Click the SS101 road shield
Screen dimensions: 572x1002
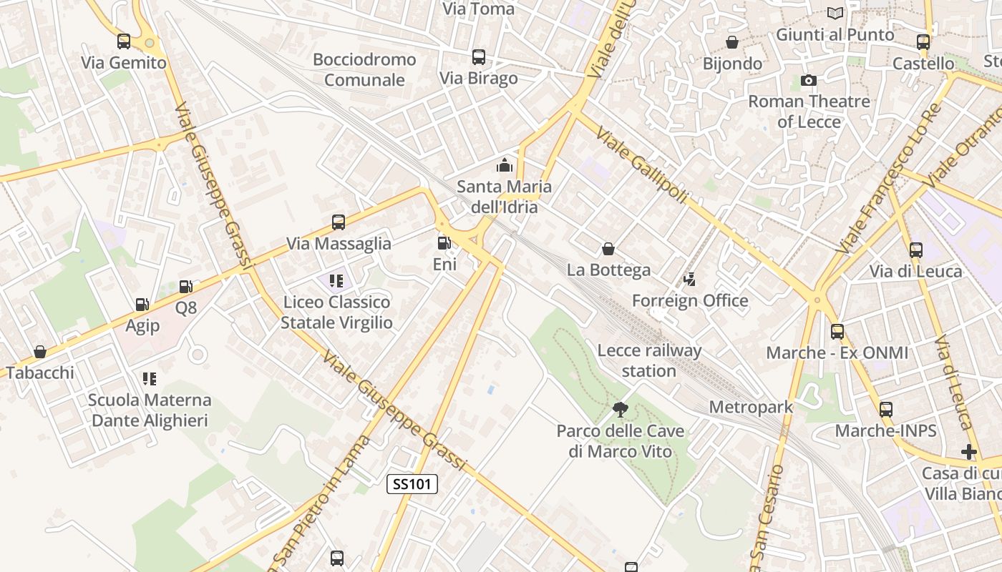[x=412, y=484]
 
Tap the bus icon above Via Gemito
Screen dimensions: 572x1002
[x=124, y=41]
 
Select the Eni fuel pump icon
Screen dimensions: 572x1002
[x=444, y=243]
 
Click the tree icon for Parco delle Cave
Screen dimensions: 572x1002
[x=620, y=410]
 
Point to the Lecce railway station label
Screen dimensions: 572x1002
[x=649, y=360]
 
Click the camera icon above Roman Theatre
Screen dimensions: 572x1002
[x=809, y=80]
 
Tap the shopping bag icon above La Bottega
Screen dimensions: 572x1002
[x=608, y=249]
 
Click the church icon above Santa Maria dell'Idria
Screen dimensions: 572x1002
[x=505, y=166]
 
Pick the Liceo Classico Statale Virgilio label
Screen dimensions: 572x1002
[x=336, y=312]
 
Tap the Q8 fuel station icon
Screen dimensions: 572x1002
[x=185, y=287]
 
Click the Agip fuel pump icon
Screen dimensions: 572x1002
[x=142, y=305]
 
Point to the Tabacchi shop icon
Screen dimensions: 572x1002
[x=40, y=352]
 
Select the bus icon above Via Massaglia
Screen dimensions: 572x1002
[x=339, y=222]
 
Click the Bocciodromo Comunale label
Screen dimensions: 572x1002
[x=364, y=69]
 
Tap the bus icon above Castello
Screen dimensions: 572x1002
[x=923, y=42]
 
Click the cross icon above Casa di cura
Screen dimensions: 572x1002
[x=969, y=452]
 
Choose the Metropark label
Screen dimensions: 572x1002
[x=751, y=407]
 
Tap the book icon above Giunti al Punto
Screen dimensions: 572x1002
[x=835, y=13]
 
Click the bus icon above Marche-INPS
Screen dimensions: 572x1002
[x=886, y=410]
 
